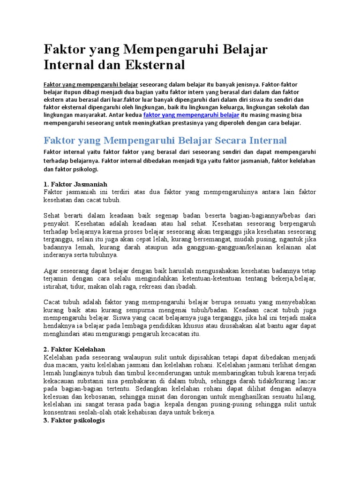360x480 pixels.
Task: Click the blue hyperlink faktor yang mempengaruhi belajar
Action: (x=191, y=115)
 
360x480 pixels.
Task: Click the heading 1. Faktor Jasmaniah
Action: (x=75, y=184)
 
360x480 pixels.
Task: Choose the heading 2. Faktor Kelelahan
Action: (x=75, y=349)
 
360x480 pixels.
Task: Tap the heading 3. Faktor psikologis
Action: (x=75, y=420)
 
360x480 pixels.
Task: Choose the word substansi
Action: (x=95, y=381)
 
